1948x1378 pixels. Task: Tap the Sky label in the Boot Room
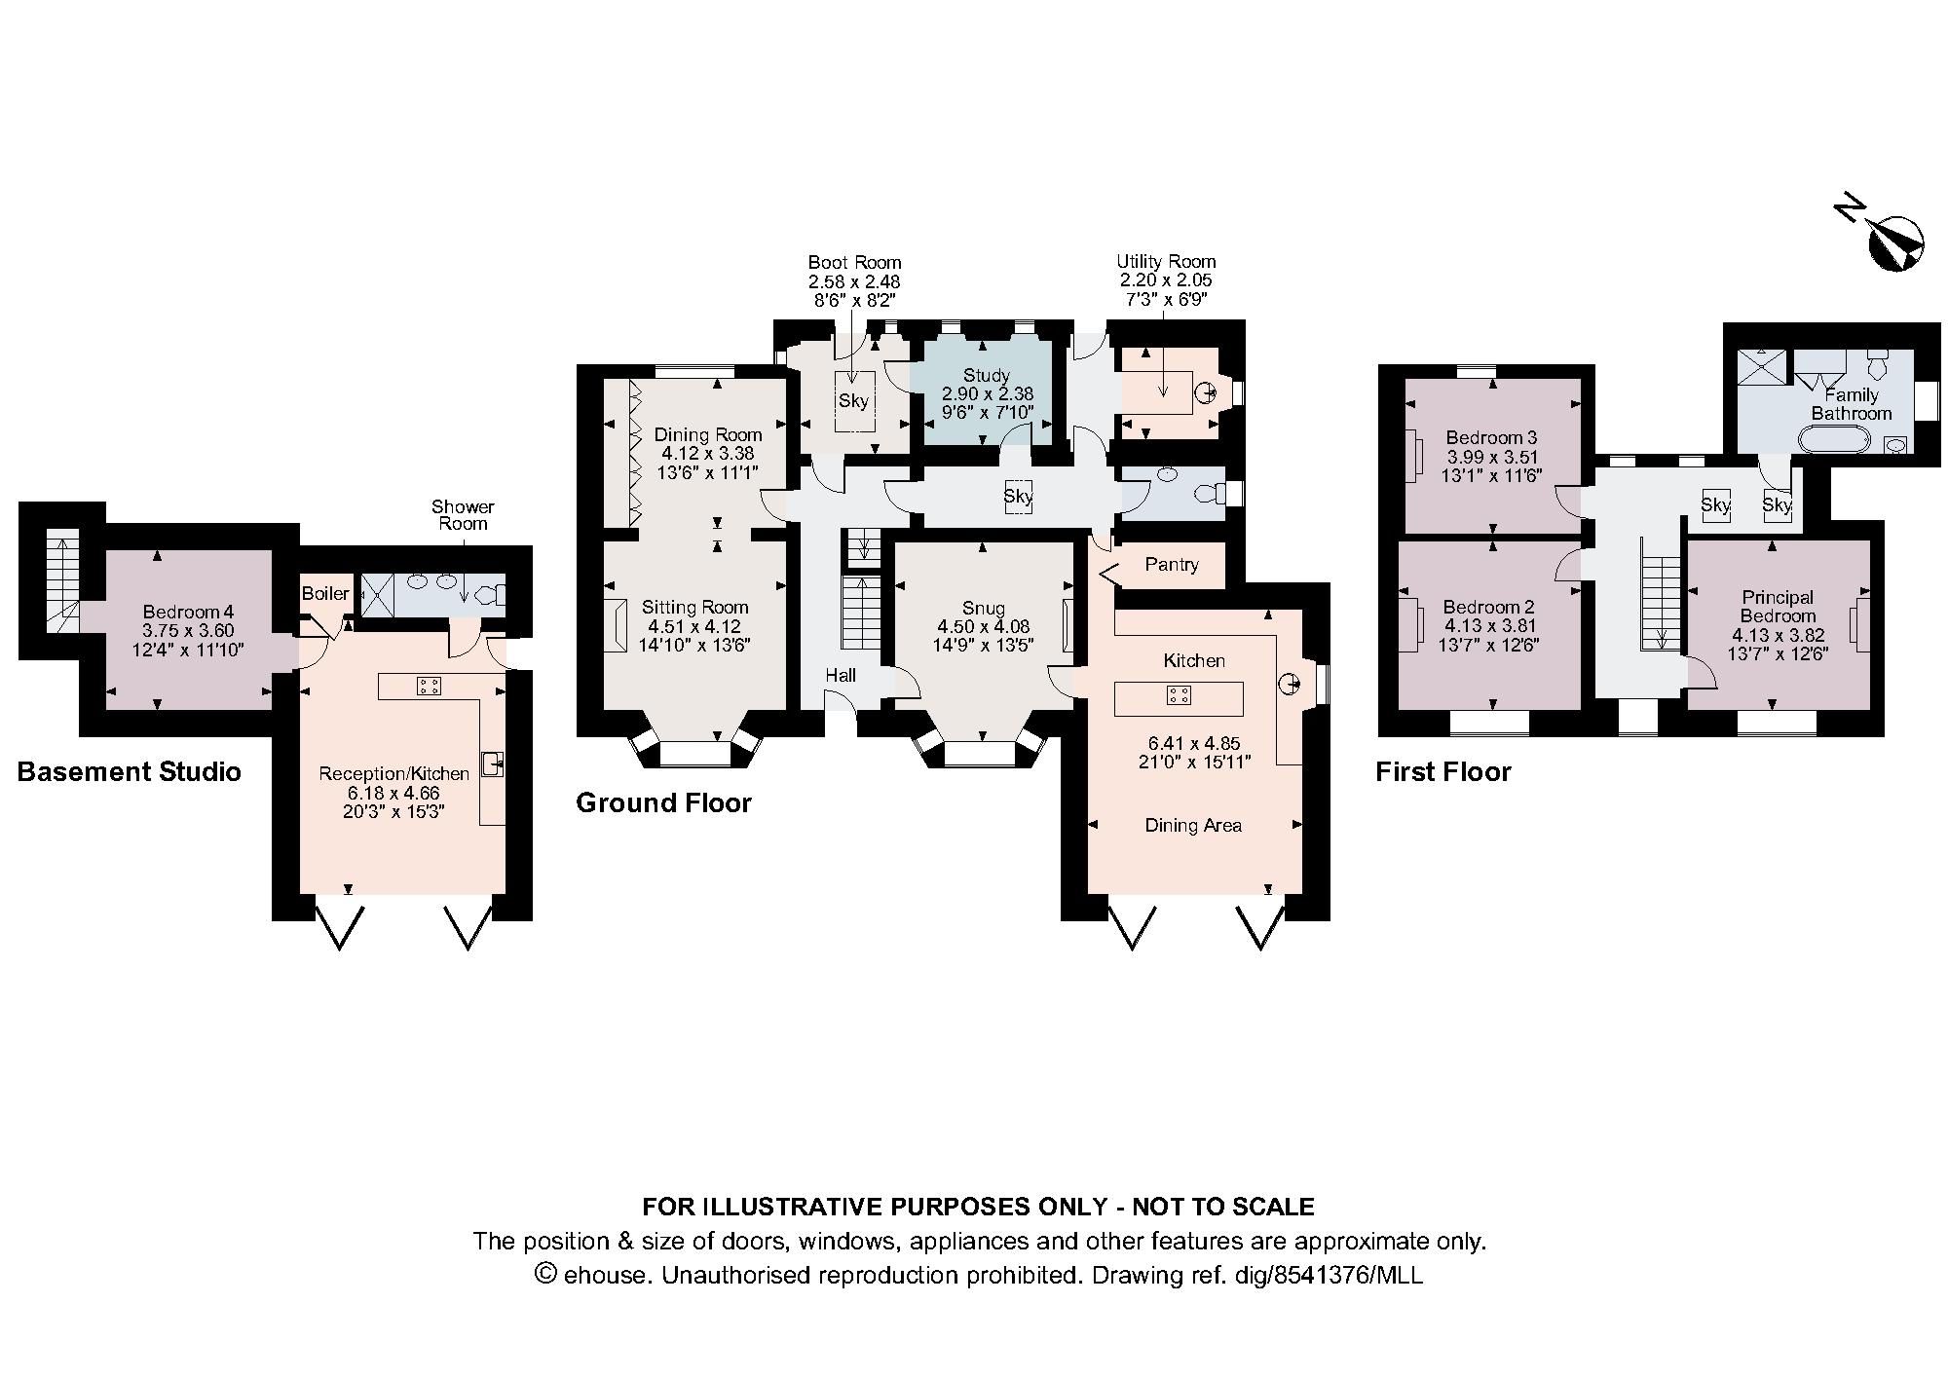pos(853,401)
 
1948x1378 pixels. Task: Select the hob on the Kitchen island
pos(1179,695)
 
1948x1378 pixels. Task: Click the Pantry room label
pos(1171,565)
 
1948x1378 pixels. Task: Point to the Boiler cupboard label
pos(324,593)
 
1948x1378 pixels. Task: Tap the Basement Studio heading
pos(130,772)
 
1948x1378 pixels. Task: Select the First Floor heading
pos(1442,772)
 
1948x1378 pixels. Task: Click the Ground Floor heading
pos(663,803)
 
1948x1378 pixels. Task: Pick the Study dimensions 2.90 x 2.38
pos(987,393)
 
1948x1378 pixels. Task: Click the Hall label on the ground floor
pos(841,675)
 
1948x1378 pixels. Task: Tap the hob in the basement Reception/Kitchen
pos(428,686)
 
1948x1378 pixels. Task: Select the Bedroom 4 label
pos(188,612)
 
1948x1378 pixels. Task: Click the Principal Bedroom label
pos(1778,606)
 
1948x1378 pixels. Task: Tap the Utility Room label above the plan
pos(1166,261)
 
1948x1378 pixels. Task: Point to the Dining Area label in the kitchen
pos(1193,826)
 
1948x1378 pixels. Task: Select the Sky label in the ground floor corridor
pos(1018,497)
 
